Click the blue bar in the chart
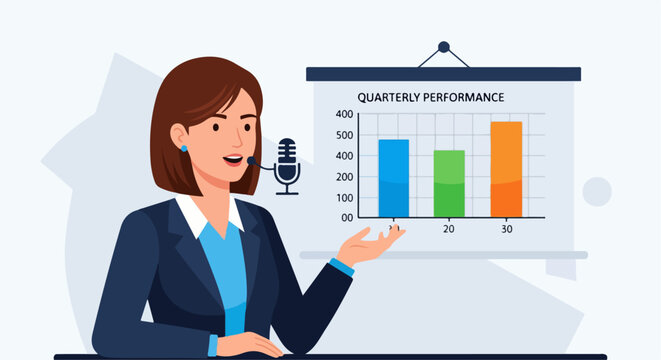point(393,177)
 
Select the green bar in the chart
point(449,183)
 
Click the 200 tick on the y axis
point(344,176)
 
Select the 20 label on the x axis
point(449,229)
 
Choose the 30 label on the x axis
point(506,229)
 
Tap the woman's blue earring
point(184,148)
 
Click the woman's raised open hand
point(374,243)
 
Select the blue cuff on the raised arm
point(342,267)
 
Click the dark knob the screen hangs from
point(443,46)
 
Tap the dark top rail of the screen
point(443,73)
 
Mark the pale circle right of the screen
point(597,191)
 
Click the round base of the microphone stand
point(287,192)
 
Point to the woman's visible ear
point(181,136)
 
